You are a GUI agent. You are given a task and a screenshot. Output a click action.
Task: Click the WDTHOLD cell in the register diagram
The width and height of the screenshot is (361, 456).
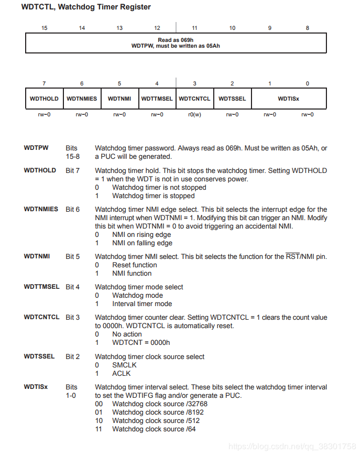tap(44, 99)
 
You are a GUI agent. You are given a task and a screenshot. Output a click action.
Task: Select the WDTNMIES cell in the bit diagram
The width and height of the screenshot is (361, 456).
tap(82, 99)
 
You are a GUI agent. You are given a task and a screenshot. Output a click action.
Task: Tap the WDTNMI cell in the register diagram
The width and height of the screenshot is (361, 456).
tap(119, 99)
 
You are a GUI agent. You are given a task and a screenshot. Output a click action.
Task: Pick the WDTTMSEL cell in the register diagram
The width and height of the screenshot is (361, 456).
tap(157, 99)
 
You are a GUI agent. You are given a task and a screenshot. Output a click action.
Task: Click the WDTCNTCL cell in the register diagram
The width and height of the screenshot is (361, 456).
tap(194, 99)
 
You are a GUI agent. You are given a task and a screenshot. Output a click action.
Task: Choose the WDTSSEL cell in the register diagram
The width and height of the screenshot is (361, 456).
tap(232, 99)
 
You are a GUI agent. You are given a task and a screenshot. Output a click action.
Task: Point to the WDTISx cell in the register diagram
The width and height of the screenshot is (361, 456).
tap(289, 99)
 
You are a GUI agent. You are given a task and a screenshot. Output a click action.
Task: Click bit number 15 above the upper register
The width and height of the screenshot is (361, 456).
tap(44, 28)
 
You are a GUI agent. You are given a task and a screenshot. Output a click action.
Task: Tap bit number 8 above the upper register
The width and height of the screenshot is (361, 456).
tap(308, 28)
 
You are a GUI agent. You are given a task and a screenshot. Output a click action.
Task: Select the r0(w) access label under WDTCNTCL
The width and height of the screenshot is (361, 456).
tap(194, 114)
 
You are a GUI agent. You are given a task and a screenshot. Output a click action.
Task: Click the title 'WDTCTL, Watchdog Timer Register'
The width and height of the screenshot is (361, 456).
tap(86, 7)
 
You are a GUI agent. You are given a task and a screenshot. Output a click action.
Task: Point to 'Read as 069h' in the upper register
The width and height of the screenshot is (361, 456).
tap(176, 40)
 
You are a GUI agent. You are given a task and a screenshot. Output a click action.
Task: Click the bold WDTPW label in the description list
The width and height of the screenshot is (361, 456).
tap(36, 148)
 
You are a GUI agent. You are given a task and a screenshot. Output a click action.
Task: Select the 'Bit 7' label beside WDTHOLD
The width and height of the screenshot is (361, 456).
tap(73, 170)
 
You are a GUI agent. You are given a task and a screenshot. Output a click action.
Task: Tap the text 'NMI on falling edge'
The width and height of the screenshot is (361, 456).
tap(142, 243)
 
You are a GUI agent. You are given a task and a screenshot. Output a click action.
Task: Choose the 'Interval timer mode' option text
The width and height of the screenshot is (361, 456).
tap(142, 304)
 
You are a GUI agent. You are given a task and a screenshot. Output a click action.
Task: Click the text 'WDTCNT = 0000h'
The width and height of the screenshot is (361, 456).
tap(141, 343)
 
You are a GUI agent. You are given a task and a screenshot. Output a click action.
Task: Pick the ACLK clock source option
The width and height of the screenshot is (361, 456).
tap(122, 374)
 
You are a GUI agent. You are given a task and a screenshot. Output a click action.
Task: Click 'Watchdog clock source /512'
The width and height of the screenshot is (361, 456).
tap(156, 421)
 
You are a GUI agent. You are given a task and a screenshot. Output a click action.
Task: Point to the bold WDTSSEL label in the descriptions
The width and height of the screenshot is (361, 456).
tap(39, 356)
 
